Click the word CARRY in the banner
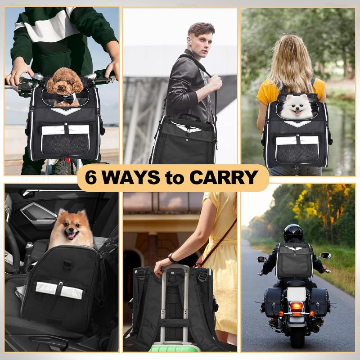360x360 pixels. click(223, 178)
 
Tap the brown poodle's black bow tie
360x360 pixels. click(65, 97)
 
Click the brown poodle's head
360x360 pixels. click(64, 81)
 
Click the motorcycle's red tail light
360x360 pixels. click(296, 306)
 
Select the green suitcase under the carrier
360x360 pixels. click(175, 347)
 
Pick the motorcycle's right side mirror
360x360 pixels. click(325, 256)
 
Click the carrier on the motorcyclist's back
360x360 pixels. click(294, 260)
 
